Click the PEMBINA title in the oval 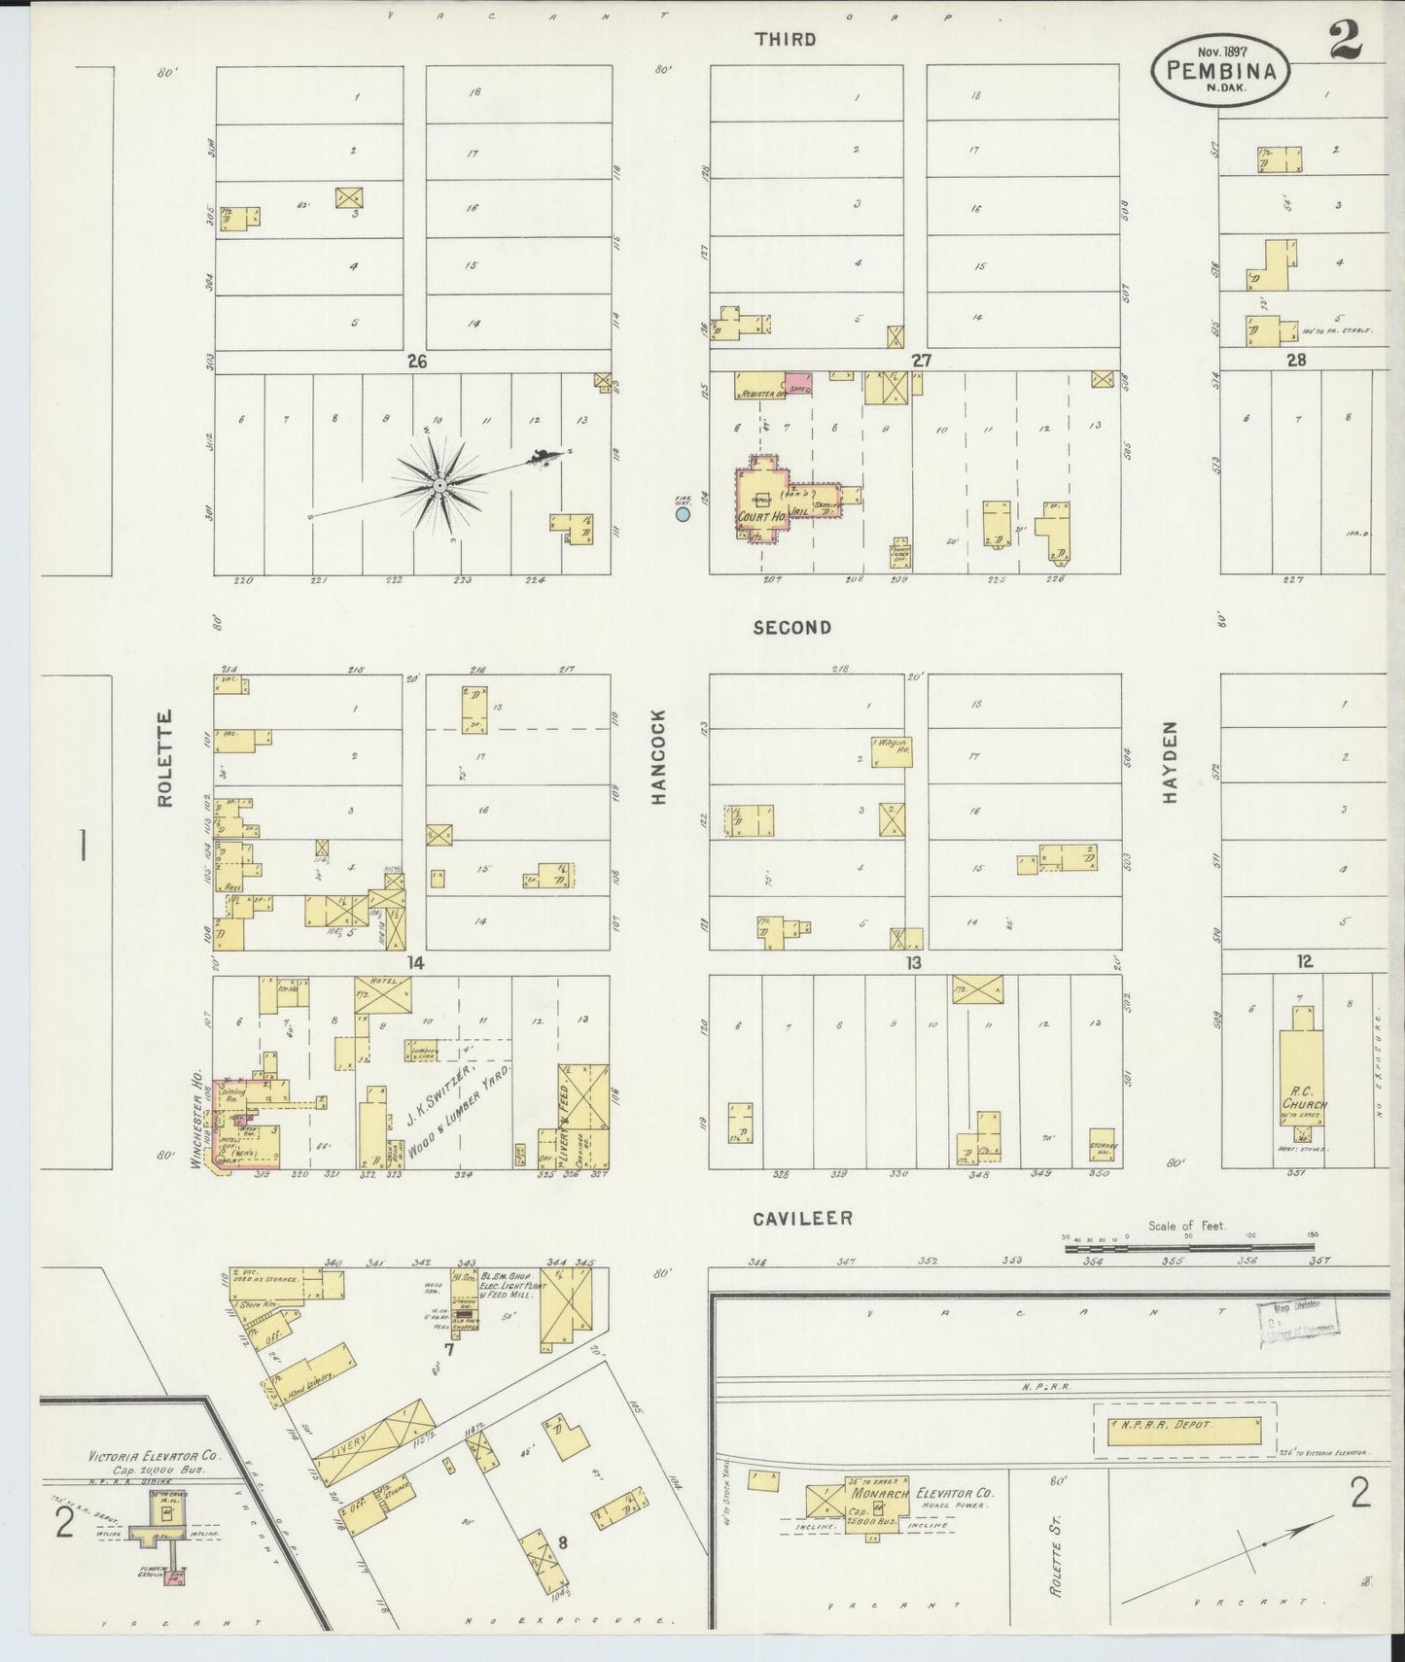1221,70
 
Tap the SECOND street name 792,628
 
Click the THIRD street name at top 784,40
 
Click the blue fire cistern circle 683,514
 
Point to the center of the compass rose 439,484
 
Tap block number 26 417,361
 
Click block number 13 913,962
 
